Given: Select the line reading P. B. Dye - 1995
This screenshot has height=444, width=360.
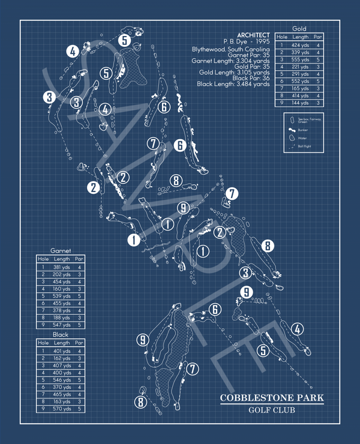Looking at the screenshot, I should pyautogui.click(x=246, y=42).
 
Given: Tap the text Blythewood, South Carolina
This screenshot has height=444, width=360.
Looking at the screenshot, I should pyautogui.click(x=230, y=49).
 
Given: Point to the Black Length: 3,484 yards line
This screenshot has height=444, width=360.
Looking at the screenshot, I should pyautogui.click(x=233, y=84).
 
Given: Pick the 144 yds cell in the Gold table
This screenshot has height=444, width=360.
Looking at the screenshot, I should pyautogui.click(x=300, y=103).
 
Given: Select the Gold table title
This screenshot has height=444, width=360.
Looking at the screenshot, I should pyautogui.click(x=300, y=28).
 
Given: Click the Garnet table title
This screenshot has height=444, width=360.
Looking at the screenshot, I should pyautogui.click(x=61, y=250).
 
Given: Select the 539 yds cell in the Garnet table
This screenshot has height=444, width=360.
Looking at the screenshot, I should pyautogui.click(x=62, y=296).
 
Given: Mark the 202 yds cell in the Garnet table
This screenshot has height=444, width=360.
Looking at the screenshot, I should pyautogui.click(x=62, y=274).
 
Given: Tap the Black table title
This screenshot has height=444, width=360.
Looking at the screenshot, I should pyautogui.click(x=61, y=334).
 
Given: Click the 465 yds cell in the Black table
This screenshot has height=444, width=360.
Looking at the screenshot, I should pyautogui.click(x=62, y=394).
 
